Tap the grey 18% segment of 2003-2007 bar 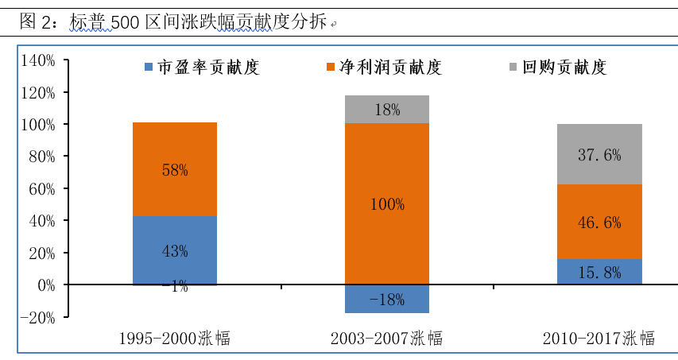point(387,110)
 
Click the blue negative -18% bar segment point(387,300)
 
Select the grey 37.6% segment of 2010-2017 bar point(599,155)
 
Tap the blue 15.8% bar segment point(599,272)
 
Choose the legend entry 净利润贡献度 point(389,68)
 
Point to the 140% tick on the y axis point(38,60)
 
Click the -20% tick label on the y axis point(38,317)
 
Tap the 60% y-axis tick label point(41,188)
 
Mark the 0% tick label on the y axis point(45,285)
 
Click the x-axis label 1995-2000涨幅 point(174,339)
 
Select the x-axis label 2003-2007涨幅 point(386,339)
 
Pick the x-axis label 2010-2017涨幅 point(599,339)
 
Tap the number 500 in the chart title point(125,22)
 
